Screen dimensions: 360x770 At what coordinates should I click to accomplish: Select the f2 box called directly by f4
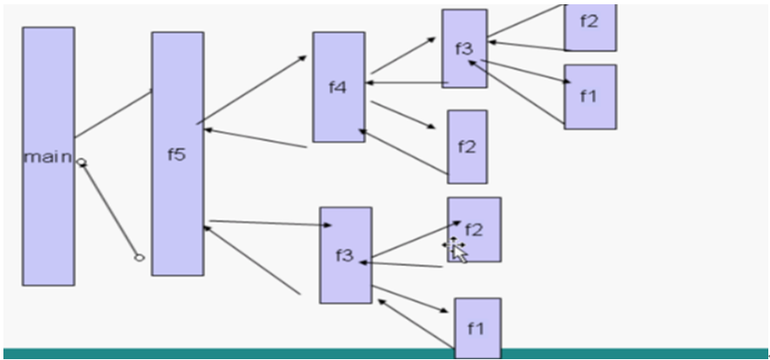click(467, 146)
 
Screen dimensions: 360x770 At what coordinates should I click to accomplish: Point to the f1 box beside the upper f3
click(589, 96)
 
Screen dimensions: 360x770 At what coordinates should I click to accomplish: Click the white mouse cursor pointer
click(459, 253)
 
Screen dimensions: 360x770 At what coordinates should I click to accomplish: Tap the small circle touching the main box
click(81, 162)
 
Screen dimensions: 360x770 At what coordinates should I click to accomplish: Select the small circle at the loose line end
click(139, 257)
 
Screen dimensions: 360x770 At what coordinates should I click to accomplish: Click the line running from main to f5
click(113, 113)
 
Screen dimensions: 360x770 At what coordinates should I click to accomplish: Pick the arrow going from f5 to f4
click(252, 89)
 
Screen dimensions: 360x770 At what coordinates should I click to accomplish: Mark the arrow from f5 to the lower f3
click(269, 224)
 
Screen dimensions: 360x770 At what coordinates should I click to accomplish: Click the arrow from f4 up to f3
click(403, 56)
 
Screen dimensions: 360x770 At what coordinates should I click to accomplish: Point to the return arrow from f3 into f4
click(406, 83)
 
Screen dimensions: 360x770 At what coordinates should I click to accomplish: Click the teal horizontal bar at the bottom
click(257, 353)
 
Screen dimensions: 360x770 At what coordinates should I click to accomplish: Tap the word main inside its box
click(47, 156)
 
